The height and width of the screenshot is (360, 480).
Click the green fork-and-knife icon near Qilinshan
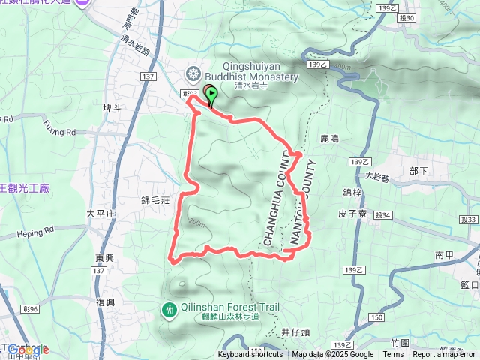coord(169,308)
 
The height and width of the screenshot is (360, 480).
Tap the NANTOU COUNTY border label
coord(301,202)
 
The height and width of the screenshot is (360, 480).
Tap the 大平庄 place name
coord(100,214)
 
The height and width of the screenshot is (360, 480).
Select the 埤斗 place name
coord(112,108)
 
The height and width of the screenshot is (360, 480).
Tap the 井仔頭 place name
coord(295,331)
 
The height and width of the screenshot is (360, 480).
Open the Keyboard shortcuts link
coord(250,355)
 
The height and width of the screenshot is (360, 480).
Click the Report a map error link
coord(444,355)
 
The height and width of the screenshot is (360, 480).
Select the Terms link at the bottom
coord(393,355)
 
